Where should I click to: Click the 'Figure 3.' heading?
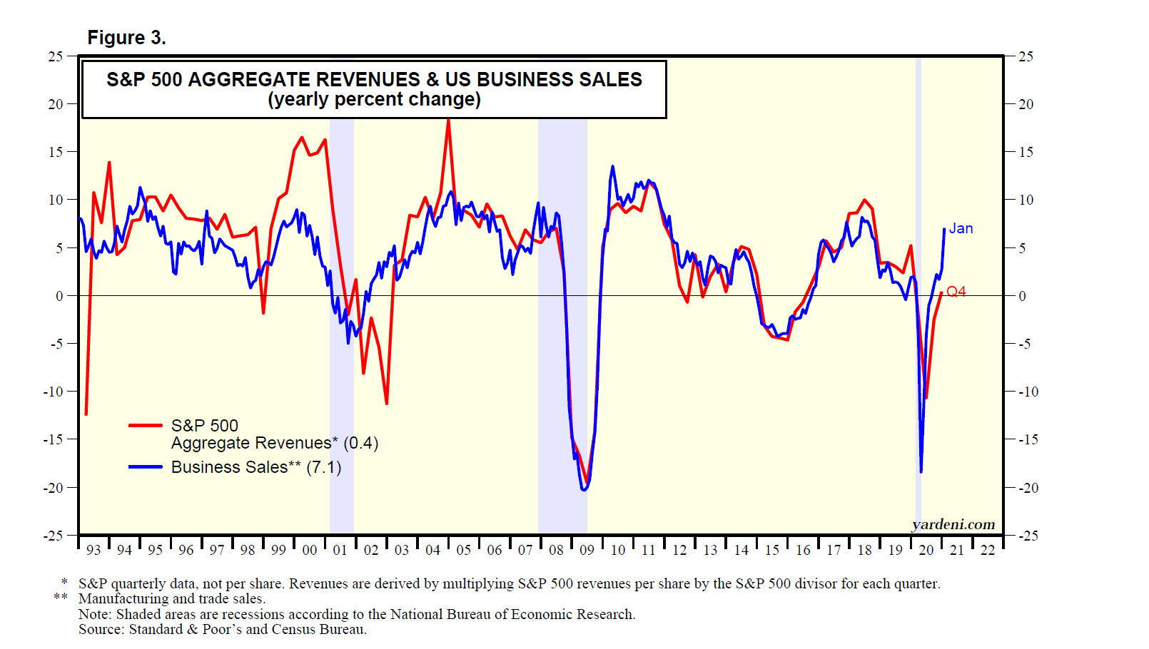coord(126,38)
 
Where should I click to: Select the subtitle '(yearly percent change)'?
coord(374,99)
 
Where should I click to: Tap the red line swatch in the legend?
coord(146,426)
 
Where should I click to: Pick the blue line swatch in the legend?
coord(146,467)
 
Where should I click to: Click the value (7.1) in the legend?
coord(324,467)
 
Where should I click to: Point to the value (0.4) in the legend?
coord(361,443)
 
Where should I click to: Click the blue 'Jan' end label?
coord(961,228)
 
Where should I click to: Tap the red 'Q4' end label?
coord(956,291)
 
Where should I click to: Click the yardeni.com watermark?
coord(953,525)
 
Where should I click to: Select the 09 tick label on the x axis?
coord(587,550)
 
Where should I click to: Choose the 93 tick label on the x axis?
coord(93,550)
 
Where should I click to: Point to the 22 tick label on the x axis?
coord(987,550)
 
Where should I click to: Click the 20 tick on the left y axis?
coord(56,104)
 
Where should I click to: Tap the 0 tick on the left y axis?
coord(60,296)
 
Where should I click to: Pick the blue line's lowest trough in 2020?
coord(921,471)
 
